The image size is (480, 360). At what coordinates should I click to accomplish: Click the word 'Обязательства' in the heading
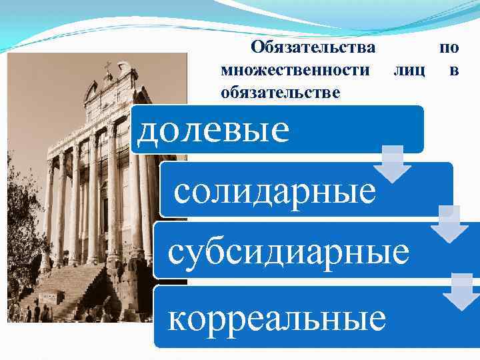coord(312,48)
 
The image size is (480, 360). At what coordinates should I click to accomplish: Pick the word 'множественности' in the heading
coord(295,69)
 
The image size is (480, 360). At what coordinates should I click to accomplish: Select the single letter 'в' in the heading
coord(454,69)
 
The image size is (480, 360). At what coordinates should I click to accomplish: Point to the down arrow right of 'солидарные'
coord(449,224)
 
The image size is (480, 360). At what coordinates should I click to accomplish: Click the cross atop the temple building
coord(108,67)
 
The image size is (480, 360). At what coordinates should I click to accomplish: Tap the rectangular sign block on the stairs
coord(50,297)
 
